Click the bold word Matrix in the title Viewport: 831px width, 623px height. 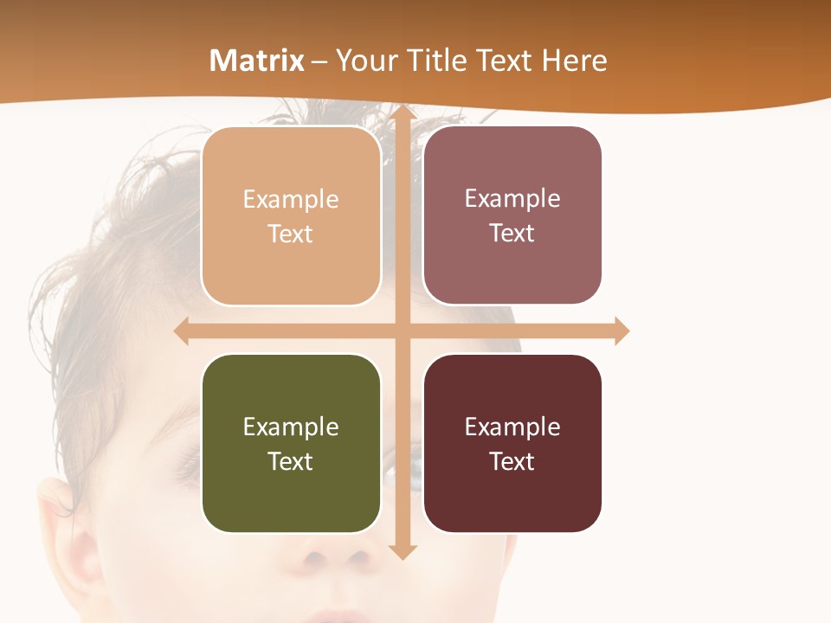(257, 61)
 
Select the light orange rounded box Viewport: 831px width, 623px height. (291, 216)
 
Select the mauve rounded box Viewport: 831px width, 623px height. (512, 215)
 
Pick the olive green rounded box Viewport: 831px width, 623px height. (291, 444)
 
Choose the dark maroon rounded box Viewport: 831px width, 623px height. (512, 444)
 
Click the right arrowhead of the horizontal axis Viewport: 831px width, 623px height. (622, 331)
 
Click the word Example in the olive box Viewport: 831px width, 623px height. (291, 427)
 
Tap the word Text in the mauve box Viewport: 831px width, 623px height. (512, 234)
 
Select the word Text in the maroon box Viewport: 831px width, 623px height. (512, 462)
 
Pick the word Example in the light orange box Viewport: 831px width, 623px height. (291, 200)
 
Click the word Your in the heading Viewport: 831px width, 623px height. (366, 61)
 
